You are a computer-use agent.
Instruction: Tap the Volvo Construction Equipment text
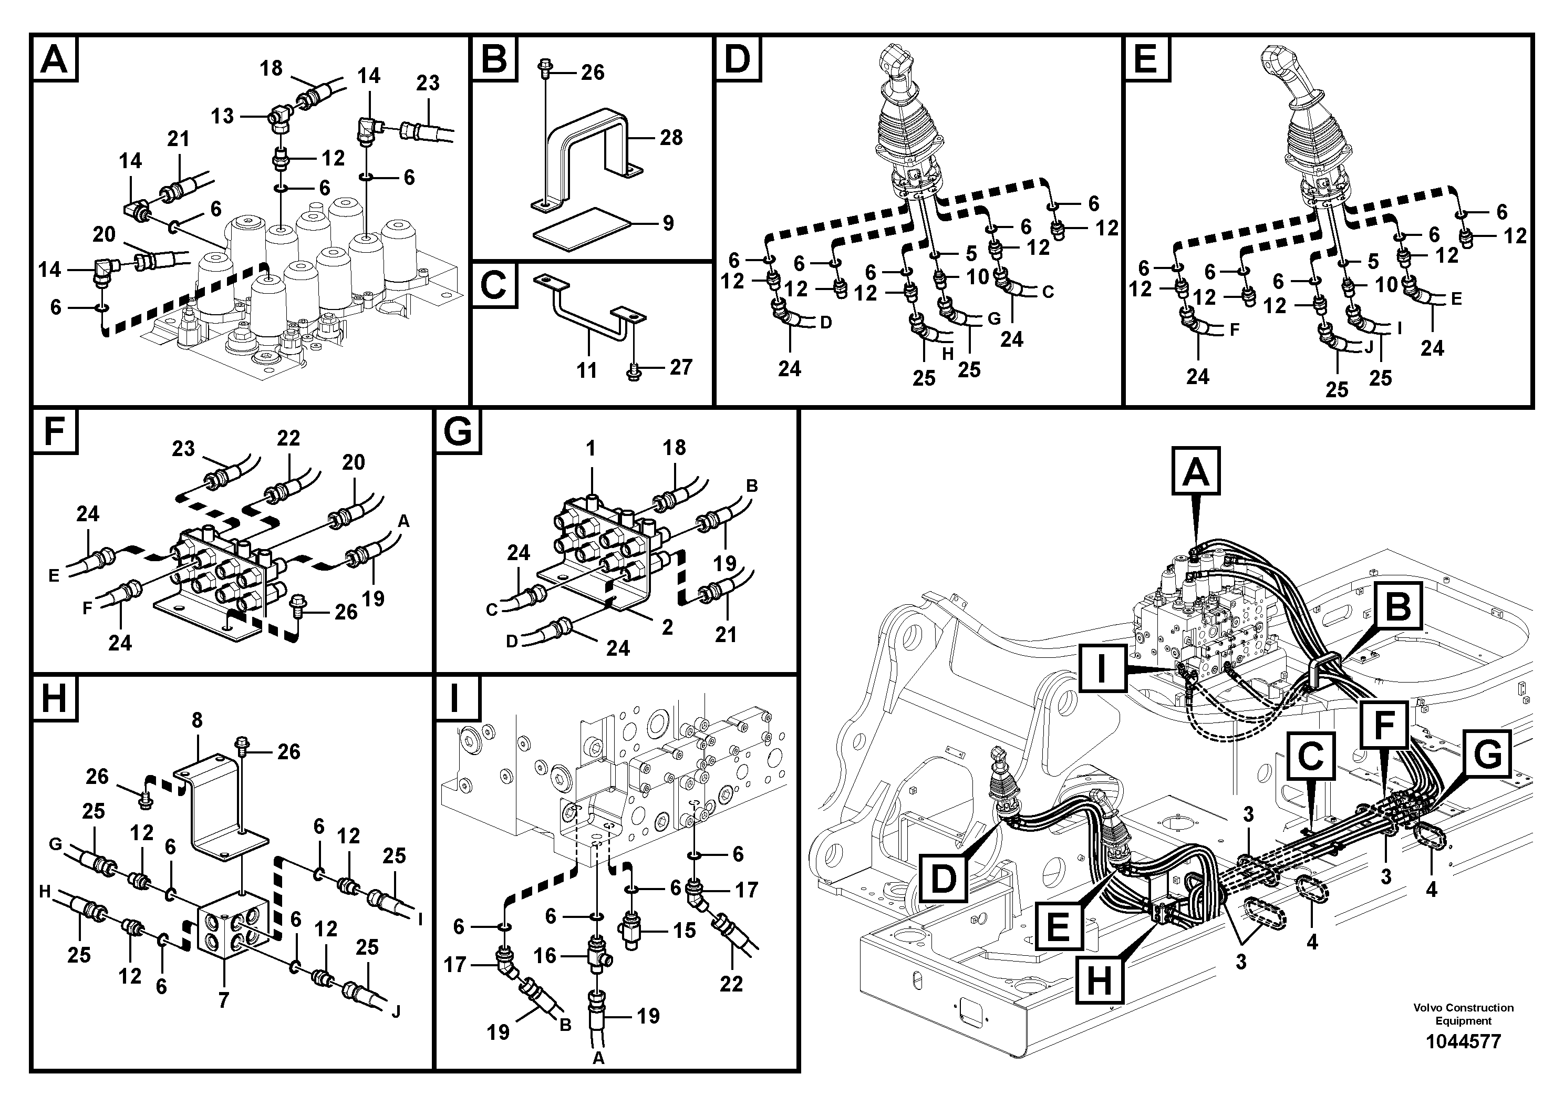1463,1014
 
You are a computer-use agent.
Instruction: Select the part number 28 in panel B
670,138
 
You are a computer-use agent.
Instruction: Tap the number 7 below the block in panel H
223,1001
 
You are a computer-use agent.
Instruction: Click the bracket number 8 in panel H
197,720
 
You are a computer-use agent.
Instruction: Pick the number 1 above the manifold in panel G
590,448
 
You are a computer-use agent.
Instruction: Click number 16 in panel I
545,956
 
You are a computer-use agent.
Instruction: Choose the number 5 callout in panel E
1373,262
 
